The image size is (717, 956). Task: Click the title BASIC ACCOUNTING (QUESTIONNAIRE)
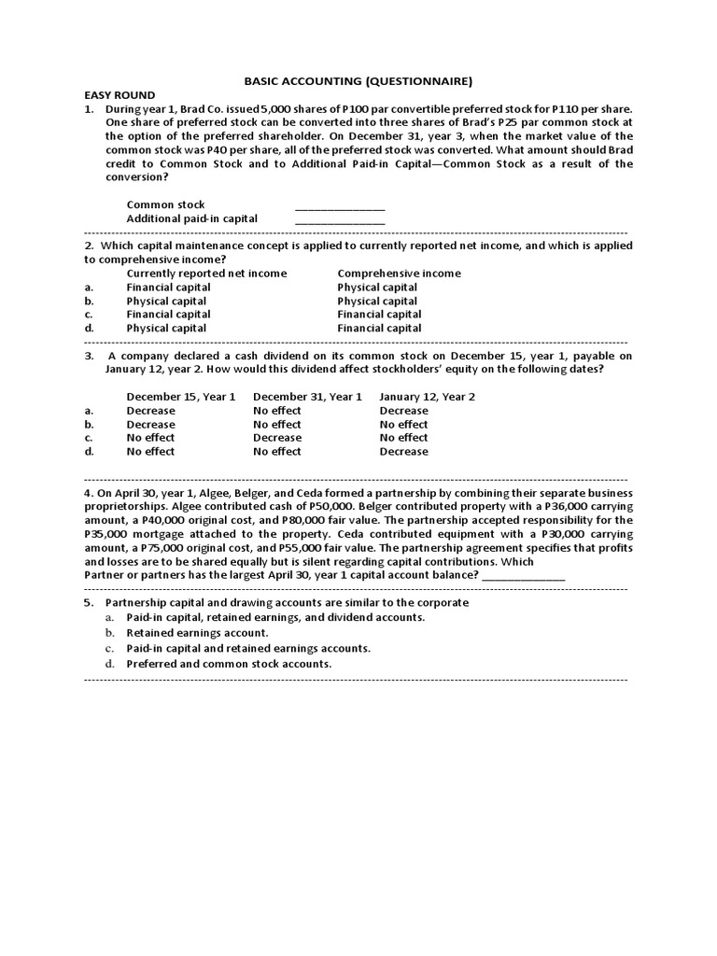point(358,81)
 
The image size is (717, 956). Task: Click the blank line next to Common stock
point(340,206)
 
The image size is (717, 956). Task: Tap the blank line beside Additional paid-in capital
point(340,220)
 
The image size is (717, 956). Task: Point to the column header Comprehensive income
point(399,274)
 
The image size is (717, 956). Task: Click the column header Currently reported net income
point(206,274)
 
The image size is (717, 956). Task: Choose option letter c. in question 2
point(89,315)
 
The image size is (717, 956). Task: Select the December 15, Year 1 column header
point(181,397)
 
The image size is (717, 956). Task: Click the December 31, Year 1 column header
point(307,397)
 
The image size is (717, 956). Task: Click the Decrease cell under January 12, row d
point(403,452)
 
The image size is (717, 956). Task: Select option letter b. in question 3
point(89,425)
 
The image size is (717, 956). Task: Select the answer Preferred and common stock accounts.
point(229,664)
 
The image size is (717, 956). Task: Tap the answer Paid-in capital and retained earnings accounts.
point(248,648)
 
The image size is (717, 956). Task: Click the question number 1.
point(90,109)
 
